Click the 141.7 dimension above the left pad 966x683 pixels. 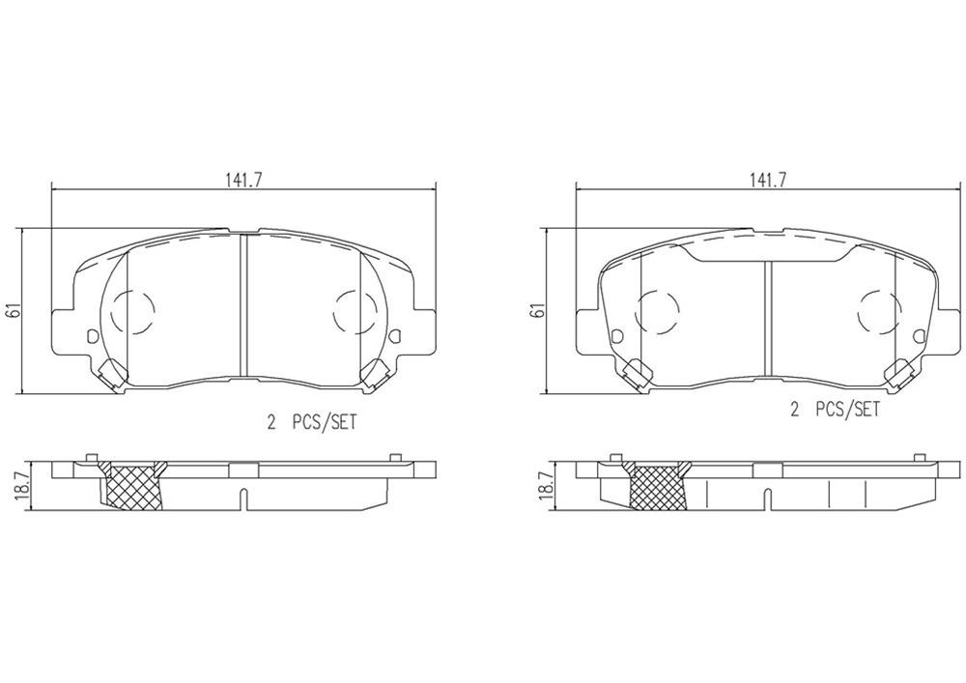pyautogui.click(x=243, y=180)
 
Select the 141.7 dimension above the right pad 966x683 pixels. pyautogui.click(x=768, y=180)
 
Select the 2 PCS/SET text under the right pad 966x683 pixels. pyautogui.click(x=837, y=410)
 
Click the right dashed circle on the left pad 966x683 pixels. pyautogui.click(x=354, y=311)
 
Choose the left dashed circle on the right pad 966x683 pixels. pyautogui.click(x=658, y=311)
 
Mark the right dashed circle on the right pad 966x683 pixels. pyautogui.click(x=878, y=311)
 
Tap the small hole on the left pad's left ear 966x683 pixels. pyautogui.click(x=93, y=336)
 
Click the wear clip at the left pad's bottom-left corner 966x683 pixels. pyautogui.click(x=112, y=372)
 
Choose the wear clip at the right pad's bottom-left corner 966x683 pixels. pyautogui.click(x=637, y=372)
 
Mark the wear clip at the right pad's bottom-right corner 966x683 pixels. pyautogui.click(x=899, y=372)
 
